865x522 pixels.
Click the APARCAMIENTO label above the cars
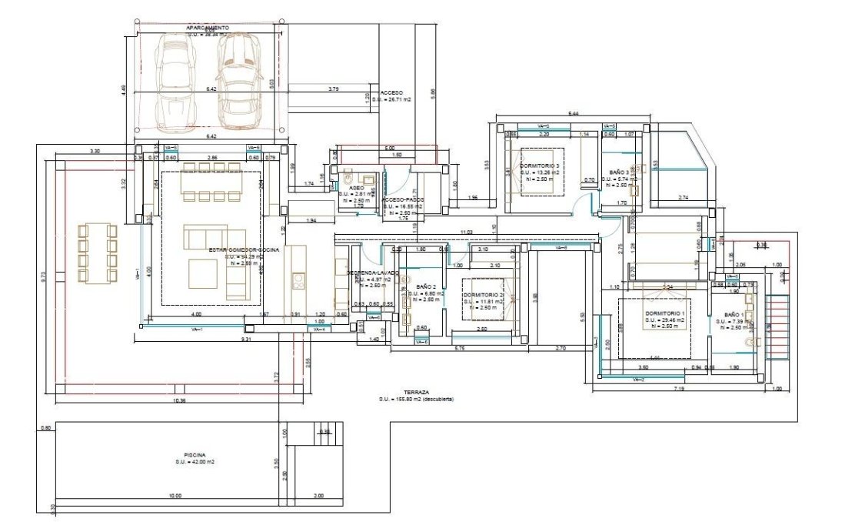(x=208, y=28)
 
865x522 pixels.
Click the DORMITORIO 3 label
(x=540, y=166)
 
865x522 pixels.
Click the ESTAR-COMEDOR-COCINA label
(x=243, y=249)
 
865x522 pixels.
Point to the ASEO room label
(x=356, y=187)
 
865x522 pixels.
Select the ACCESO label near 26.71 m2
(x=391, y=92)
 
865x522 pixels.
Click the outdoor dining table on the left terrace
(x=96, y=253)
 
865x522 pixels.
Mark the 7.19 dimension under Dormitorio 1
(x=678, y=391)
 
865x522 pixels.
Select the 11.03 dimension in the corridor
(x=465, y=232)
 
